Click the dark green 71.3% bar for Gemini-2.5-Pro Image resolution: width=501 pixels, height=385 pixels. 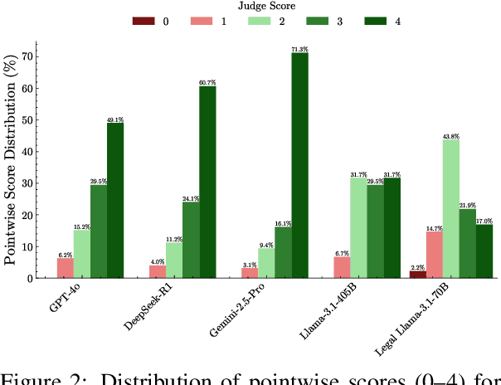tap(299, 165)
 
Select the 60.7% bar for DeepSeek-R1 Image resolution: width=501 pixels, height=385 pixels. tap(207, 182)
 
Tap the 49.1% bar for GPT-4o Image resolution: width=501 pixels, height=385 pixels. tap(115, 200)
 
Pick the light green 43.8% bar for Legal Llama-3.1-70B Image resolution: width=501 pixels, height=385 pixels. tap(450, 208)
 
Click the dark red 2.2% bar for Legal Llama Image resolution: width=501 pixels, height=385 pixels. tap(418, 274)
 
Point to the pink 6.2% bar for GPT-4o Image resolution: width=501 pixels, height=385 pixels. tap(66, 268)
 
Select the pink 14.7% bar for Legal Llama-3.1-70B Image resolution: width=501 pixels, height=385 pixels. tap(435, 255)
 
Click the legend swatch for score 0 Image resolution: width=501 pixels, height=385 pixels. tap(143, 22)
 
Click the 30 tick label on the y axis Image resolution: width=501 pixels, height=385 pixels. tap(27, 183)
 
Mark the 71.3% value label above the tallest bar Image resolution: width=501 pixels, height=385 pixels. tap(299, 50)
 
